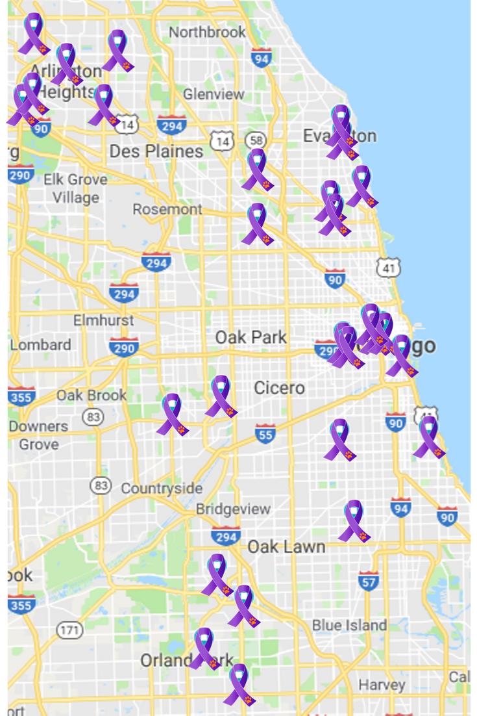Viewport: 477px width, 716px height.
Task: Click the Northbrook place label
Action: [207, 32]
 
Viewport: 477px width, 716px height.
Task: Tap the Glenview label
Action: [214, 94]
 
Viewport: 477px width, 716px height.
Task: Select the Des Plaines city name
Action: [156, 151]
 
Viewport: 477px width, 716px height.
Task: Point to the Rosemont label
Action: [167, 209]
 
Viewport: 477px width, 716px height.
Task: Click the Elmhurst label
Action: [103, 320]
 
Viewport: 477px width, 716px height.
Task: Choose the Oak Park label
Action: [251, 338]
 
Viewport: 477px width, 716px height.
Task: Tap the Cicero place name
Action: [279, 388]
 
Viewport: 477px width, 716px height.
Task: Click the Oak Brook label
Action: [92, 395]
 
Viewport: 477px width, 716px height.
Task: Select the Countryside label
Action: [162, 489]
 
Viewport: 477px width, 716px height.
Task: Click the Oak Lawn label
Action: [286, 546]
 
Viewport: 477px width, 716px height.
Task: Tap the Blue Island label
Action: [349, 625]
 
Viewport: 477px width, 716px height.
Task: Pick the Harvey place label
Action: [382, 685]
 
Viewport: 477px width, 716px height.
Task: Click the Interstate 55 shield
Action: [265, 433]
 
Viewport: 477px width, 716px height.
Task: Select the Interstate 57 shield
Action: [369, 582]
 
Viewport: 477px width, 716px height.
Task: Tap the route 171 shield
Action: [69, 630]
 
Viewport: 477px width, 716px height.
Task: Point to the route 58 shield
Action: [256, 140]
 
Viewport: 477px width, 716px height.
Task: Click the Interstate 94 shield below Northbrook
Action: [261, 58]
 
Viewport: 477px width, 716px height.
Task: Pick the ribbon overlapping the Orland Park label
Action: [205, 648]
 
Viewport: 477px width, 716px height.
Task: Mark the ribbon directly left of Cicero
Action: [221, 396]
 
